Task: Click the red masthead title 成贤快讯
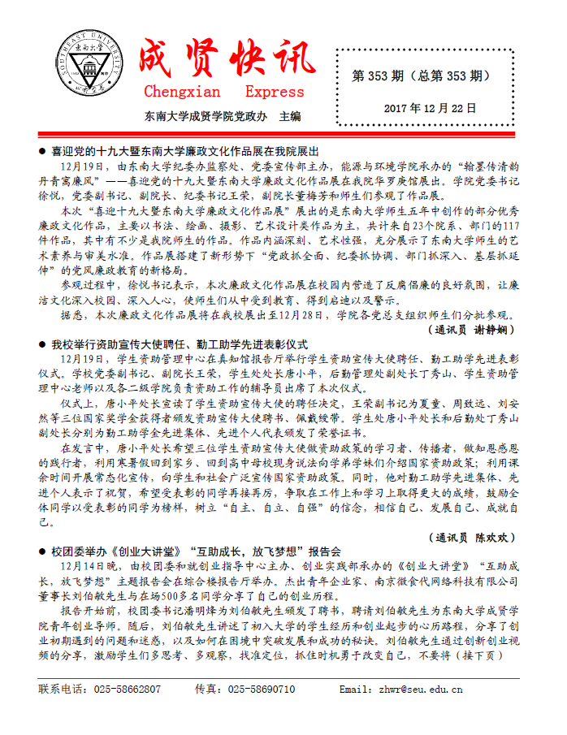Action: pos(226,57)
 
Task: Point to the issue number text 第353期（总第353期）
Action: pos(421,76)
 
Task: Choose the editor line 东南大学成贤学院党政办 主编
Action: pos(223,116)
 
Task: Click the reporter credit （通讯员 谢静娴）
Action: pos(469,330)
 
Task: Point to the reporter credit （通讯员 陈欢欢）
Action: pos(470,537)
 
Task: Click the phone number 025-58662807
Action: pos(128,690)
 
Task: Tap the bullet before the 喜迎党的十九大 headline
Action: pos(43,152)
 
